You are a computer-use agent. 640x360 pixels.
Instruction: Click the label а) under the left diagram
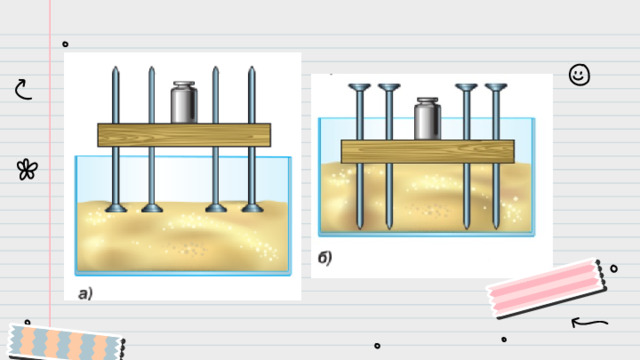85,293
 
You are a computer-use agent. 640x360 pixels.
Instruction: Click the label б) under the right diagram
325,258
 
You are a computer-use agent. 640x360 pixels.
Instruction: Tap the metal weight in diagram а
184,102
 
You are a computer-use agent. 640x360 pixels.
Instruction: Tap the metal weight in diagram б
427,119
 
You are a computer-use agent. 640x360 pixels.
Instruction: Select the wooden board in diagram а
184,135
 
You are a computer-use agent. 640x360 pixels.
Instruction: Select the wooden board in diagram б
428,151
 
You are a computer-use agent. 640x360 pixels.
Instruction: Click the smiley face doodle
579,75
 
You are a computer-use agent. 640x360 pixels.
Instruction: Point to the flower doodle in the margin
27,169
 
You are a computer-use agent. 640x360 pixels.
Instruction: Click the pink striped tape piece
547,289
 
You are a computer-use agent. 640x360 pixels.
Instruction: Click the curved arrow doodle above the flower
22,90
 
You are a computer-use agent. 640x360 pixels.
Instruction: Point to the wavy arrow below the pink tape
589,322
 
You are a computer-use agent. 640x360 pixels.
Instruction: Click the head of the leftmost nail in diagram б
359,87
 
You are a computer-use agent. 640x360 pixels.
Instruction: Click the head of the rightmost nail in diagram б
496,87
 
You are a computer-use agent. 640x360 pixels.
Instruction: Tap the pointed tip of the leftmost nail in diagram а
116,67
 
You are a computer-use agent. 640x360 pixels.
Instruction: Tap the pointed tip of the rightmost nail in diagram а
251,67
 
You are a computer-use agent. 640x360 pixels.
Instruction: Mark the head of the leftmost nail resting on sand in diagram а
116,208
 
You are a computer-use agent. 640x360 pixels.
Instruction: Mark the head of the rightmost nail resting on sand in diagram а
252,208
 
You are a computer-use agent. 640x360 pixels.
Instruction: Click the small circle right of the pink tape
614,269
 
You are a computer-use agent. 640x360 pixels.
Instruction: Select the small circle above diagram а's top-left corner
65,44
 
